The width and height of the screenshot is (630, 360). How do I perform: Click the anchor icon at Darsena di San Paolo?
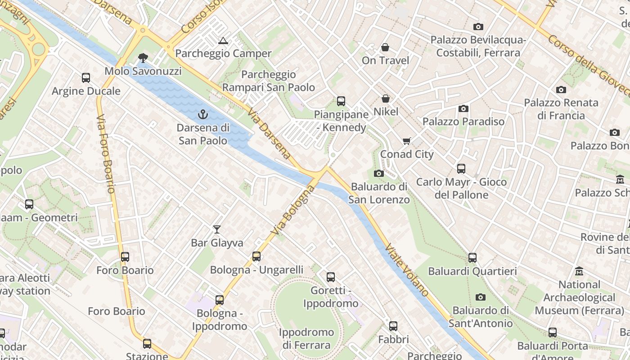(203, 114)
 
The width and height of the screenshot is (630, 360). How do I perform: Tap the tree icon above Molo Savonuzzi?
(143, 58)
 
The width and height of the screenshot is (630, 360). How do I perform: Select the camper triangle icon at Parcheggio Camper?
(223, 41)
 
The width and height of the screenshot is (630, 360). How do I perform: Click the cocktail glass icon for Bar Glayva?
(217, 229)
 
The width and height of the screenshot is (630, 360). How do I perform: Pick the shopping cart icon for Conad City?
(407, 141)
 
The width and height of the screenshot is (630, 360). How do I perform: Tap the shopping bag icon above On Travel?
(385, 47)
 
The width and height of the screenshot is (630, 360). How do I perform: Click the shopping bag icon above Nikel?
(386, 98)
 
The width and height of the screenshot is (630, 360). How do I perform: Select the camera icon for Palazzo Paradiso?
(463, 108)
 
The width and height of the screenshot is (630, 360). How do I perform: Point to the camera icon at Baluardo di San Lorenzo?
(378, 173)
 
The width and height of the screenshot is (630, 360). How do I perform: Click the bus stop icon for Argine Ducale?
(86, 78)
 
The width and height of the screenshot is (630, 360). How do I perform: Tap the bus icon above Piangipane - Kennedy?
(341, 101)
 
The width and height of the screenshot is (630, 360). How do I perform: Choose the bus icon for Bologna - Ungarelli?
(256, 256)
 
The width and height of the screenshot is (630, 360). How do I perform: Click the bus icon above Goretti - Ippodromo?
(331, 277)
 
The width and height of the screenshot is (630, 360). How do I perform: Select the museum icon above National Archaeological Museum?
(579, 271)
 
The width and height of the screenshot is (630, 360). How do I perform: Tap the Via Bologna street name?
(293, 211)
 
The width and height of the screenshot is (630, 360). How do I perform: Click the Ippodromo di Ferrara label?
(306, 339)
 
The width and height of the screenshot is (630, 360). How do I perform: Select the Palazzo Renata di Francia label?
(561, 109)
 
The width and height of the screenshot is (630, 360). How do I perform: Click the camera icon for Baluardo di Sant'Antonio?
(481, 297)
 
